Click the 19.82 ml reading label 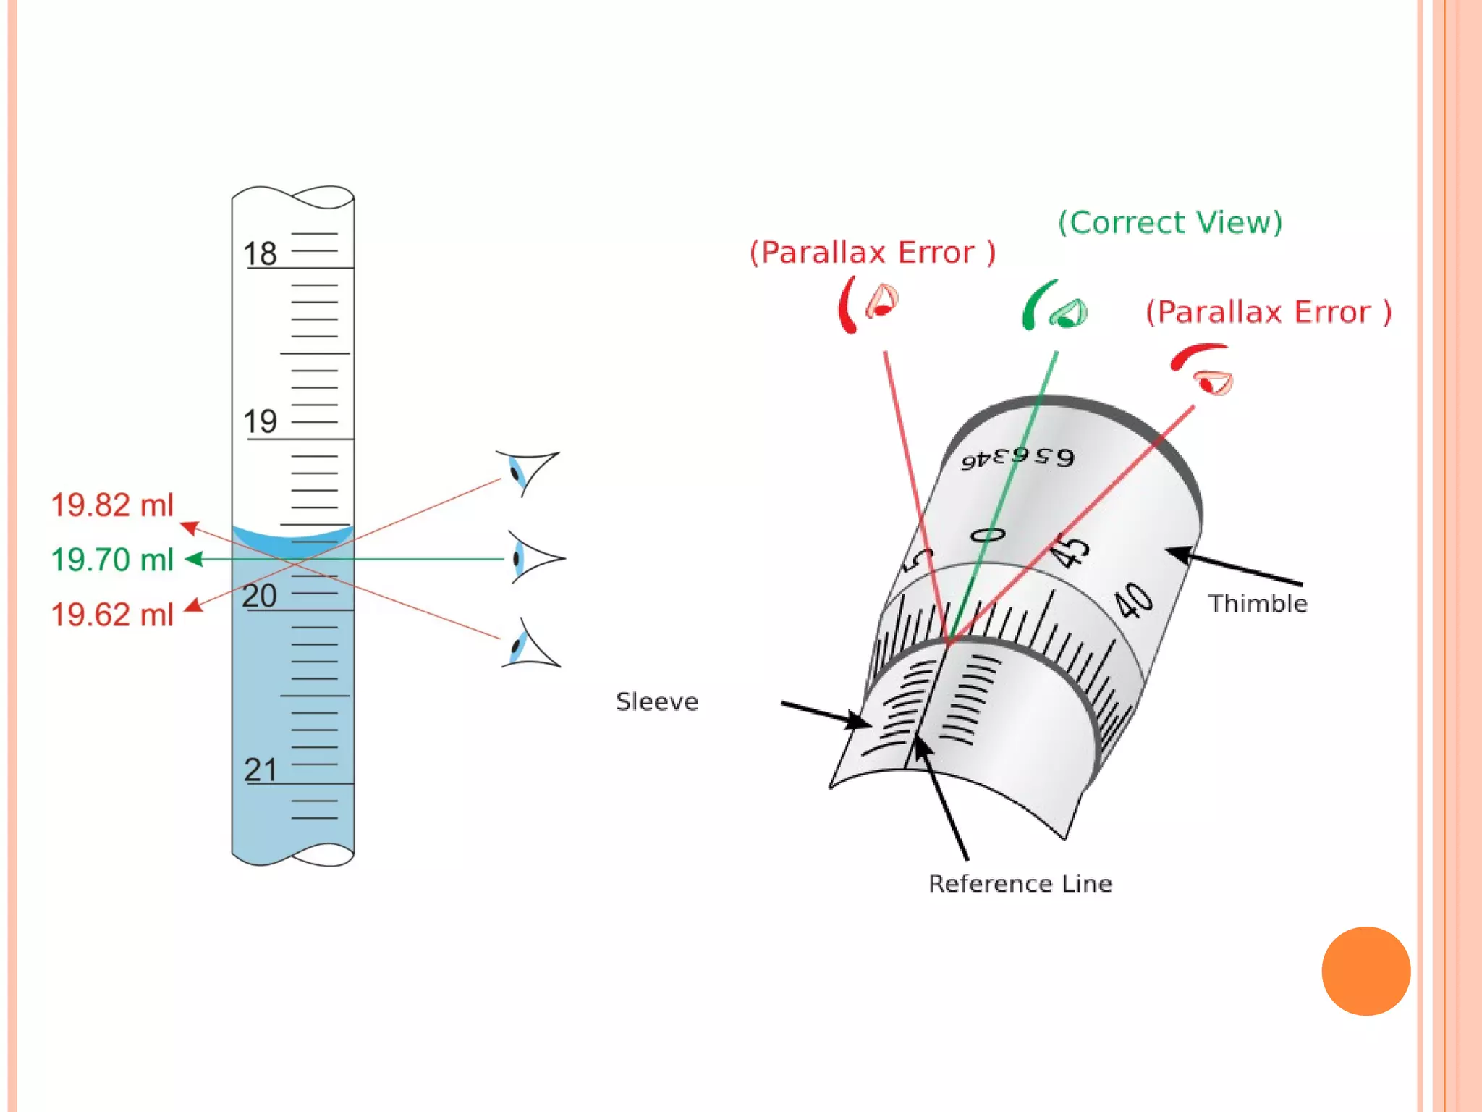point(112,505)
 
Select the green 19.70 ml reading point(112,560)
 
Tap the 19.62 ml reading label point(112,615)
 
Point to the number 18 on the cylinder point(260,254)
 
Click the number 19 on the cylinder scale point(260,421)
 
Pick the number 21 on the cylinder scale point(261,770)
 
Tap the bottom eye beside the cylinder point(530,644)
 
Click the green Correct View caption point(1170,223)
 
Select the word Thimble point(1258,604)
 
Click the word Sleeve point(657,702)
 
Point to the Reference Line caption point(1020,884)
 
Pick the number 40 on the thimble point(1132,601)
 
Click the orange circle point(1365,971)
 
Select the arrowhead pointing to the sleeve point(859,721)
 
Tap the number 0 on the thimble point(987,536)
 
